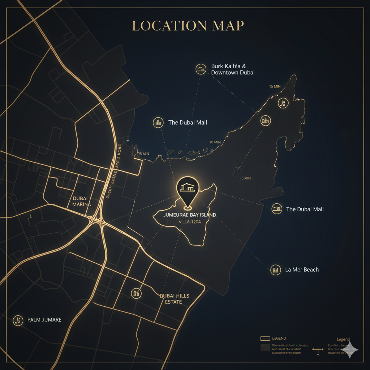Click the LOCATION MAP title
[x=188, y=26]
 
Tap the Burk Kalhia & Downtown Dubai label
[x=233, y=69]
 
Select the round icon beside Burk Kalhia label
[x=200, y=69]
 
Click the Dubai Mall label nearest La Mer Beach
[x=305, y=209]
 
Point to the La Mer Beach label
[x=302, y=270]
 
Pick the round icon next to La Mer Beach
[x=275, y=270]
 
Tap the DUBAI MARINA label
[x=82, y=201]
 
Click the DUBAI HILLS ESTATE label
[x=174, y=298]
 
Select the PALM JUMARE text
[x=44, y=320]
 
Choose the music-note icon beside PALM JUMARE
[x=17, y=320]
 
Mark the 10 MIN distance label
[x=215, y=142]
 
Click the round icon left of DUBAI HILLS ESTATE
[x=136, y=293]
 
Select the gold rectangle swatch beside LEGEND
[x=265, y=339]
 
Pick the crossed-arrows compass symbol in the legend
[x=318, y=350]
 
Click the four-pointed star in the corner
[x=350, y=349]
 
